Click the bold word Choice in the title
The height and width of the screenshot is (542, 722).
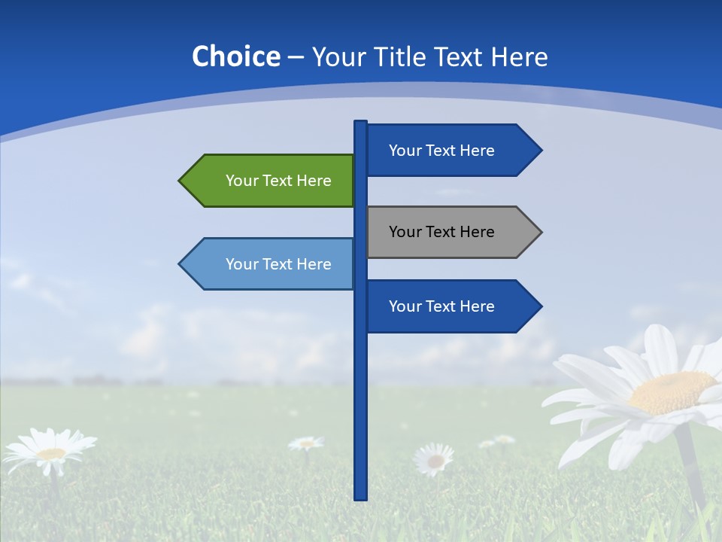(235, 56)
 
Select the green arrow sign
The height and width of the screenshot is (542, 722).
(271, 181)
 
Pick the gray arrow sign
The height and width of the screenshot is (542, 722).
(451, 232)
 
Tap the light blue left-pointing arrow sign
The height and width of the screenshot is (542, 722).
(271, 263)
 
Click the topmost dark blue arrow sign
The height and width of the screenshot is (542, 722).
(451, 151)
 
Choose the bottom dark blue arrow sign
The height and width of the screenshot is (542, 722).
(451, 306)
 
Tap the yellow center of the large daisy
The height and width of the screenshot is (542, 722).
(672, 391)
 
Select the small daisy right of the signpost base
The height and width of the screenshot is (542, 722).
(435, 458)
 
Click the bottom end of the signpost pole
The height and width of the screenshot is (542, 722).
(361, 497)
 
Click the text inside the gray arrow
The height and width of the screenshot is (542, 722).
(441, 232)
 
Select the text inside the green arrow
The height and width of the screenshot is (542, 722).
(278, 181)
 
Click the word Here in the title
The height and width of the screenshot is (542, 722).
(519, 57)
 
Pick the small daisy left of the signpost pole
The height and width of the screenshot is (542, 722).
(305, 443)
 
